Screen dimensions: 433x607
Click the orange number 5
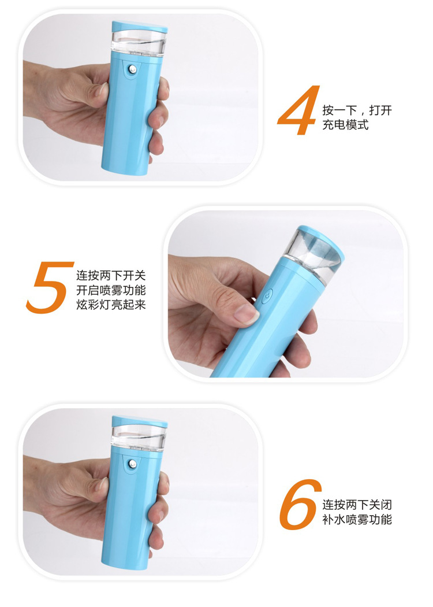pyautogui.click(x=50, y=287)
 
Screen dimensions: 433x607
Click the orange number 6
pyautogui.click(x=300, y=505)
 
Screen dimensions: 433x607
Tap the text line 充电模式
pyautogui.click(x=346, y=125)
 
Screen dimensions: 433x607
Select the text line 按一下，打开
pyautogui.click(x=357, y=110)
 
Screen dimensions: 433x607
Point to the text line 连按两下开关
pyautogui.click(x=111, y=276)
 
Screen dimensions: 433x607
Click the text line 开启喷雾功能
pyautogui.click(x=111, y=290)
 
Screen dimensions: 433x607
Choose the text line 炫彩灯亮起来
pyautogui.click(x=111, y=305)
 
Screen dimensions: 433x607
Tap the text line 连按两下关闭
pyautogui.click(x=357, y=505)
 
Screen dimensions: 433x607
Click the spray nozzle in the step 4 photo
pyautogui.click(x=133, y=69)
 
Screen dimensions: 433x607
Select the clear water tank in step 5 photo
pyautogui.click(x=313, y=256)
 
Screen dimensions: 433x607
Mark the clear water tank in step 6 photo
pyautogui.click(x=139, y=436)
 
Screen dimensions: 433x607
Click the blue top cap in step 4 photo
pyautogui.click(x=140, y=26)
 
